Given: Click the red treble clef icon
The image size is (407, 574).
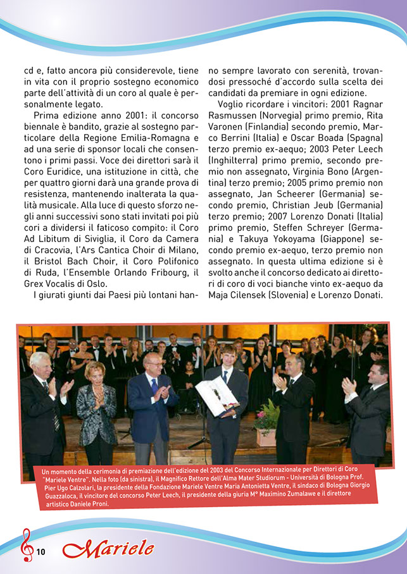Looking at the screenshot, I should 27,545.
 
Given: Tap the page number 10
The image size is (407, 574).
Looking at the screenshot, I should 41,552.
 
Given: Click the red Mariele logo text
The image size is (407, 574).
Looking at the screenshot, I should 108,548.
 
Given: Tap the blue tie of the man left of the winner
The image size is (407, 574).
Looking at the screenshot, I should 153,387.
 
